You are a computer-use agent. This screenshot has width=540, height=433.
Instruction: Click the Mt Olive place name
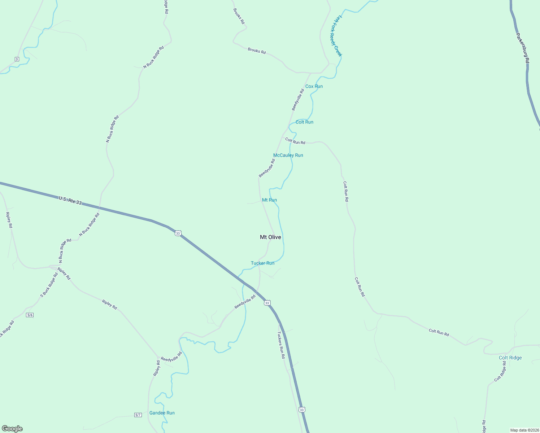(x=270, y=237)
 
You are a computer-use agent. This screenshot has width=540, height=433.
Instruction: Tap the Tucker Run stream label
(x=262, y=263)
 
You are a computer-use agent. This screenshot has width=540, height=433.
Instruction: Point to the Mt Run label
(x=269, y=200)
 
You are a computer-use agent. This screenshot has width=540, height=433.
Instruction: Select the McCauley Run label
(x=288, y=155)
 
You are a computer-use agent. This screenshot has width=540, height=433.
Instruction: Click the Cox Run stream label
(x=314, y=86)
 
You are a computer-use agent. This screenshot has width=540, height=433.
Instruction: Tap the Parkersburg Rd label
(x=522, y=48)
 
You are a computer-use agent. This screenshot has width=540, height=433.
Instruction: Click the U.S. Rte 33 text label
(x=70, y=201)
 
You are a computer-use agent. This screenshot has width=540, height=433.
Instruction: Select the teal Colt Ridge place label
(x=510, y=358)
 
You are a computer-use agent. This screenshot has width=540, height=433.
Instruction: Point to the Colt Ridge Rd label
(x=500, y=371)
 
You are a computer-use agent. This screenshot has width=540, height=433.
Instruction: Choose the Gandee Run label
(x=162, y=413)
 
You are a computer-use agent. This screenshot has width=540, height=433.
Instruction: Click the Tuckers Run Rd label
(x=281, y=345)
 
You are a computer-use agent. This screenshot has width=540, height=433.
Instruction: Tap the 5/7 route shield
(x=138, y=415)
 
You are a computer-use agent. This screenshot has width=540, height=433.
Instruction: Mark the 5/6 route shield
(x=30, y=315)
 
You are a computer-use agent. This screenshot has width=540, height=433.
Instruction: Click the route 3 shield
(x=17, y=59)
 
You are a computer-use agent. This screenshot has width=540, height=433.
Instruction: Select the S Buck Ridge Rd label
(x=49, y=285)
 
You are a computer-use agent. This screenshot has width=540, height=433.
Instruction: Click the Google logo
(x=12, y=429)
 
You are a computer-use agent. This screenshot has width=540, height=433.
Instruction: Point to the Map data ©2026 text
(x=524, y=430)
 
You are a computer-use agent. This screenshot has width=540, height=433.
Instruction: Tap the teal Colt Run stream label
(x=304, y=122)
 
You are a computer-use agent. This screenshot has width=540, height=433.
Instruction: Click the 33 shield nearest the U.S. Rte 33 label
(x=178, y=233)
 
